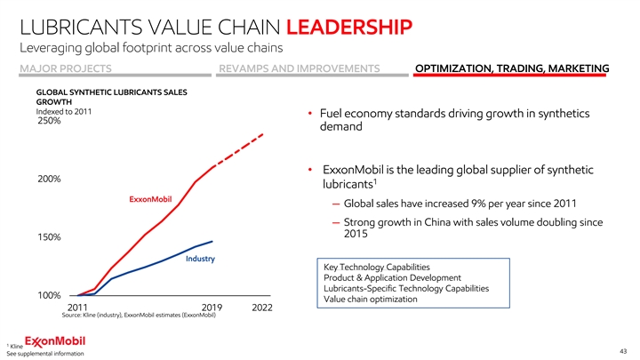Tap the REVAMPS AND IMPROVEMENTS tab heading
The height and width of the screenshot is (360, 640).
pos(299,69)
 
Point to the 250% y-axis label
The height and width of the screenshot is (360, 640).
pos(49,122)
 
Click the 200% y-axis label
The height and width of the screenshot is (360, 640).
pos(49,179)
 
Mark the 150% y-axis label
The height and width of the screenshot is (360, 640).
pos(49,237)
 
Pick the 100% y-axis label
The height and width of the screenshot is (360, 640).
pos(49,295)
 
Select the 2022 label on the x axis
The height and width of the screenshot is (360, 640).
pos(261,308)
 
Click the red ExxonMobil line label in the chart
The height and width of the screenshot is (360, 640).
pos(150,198)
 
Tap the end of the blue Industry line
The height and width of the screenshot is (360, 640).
pos(212,241)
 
